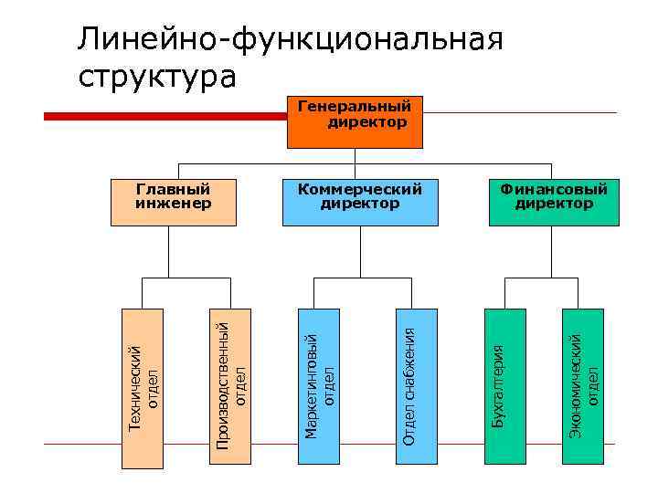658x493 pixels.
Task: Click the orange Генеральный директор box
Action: (355, 121)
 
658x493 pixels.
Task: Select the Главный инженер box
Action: (174, 202)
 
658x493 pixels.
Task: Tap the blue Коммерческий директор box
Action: (359, 202)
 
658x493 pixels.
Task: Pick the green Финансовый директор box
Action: (553, 202)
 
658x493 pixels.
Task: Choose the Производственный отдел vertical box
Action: (231, 377)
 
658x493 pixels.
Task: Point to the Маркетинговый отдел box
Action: (321, 377)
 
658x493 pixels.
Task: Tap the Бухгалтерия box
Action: (505, 377)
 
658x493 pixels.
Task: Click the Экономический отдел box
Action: (584, 377)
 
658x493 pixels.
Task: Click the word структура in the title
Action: (156, 76)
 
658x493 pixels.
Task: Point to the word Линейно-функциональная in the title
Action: (291, 39)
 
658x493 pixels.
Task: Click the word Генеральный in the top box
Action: (356, 108)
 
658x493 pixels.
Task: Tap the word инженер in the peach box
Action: (174, 204)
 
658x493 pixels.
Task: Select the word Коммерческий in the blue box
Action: (359, 190)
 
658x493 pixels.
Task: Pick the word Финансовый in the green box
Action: (553, 190)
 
